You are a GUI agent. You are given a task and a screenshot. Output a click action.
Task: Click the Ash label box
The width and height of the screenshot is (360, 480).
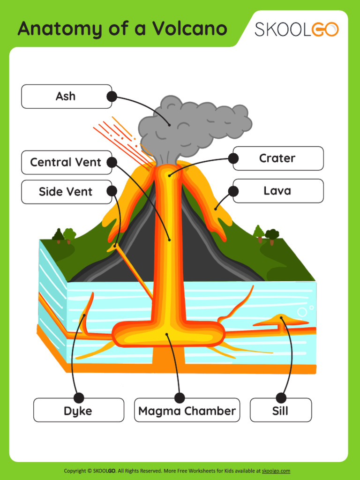point(66,97)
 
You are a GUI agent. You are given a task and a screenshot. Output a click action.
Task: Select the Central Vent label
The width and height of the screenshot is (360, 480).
point(66,163)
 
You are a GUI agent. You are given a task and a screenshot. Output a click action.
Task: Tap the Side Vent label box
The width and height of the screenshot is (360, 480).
point(66,192)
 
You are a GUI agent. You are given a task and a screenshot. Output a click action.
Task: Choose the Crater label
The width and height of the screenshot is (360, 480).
point(278,158)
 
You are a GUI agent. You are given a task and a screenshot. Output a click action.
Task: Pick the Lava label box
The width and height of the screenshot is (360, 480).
point(278,191)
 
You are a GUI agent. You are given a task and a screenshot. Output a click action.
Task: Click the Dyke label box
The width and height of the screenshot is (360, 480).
point(78,411)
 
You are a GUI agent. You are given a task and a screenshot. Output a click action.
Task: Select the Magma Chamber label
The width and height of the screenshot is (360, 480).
point(187,411)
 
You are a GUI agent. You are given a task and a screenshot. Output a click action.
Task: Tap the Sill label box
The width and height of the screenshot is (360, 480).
point(280,411)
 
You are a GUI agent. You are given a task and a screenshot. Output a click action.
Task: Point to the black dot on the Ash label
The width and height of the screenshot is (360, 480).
point(112,97)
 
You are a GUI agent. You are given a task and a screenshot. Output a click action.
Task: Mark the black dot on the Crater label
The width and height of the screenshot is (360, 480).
point(233,158)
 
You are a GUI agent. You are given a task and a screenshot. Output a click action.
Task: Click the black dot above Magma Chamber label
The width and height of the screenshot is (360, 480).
point(180,398)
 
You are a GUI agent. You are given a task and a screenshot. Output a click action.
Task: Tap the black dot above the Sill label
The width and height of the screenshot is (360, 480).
point(281,398)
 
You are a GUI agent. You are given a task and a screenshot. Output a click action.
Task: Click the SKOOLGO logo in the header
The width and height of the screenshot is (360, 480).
point(296,30)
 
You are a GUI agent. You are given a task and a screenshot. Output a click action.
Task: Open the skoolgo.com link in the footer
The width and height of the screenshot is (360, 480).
point(276,471)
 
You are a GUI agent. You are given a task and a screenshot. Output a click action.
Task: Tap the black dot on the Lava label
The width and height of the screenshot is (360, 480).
point(233,191)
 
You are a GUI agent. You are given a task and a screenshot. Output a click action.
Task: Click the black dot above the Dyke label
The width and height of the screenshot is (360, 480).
point(79,398)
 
